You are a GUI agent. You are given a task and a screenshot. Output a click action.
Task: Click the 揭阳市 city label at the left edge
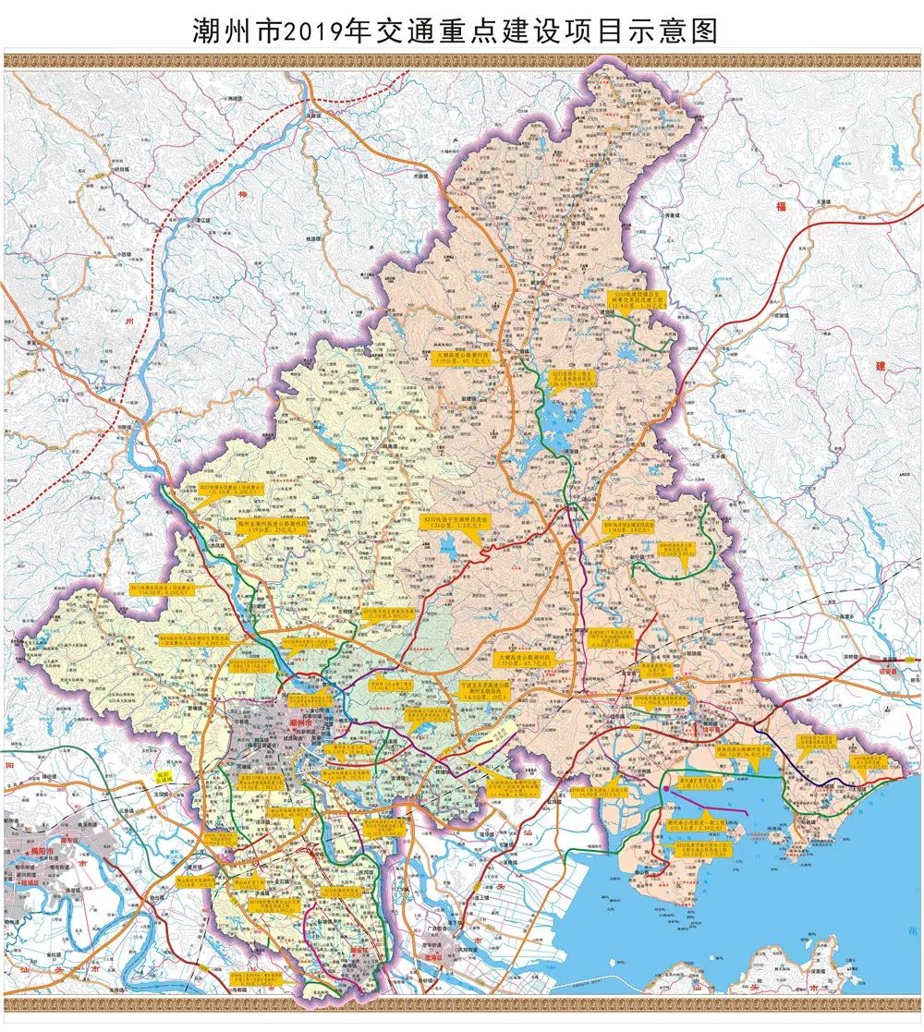click(37, 847)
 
